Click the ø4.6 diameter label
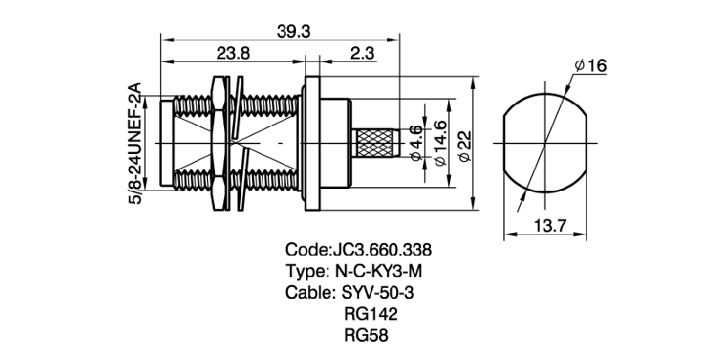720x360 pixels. (416, 143)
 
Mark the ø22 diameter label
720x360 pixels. (465, 144)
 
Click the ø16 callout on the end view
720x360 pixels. (590, 66)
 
